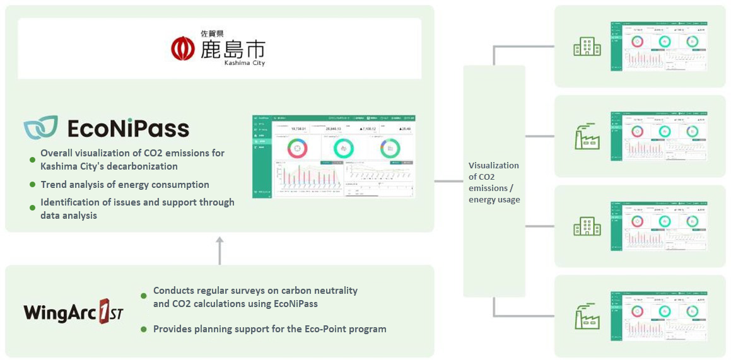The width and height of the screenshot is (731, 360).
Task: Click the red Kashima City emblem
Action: coord(183,48)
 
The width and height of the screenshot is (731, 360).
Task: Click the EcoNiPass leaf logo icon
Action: coord(41,127)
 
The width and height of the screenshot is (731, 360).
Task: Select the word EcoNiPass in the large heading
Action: coord(128,129)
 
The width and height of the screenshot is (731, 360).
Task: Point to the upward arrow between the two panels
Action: coord(219,250)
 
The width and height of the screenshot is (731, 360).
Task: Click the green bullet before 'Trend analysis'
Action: coord(33,185)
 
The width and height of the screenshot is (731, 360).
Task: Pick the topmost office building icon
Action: coord(587,46)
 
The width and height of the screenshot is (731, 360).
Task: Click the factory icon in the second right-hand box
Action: coord(587,136)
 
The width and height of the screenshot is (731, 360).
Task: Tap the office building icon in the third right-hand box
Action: coord(587,226)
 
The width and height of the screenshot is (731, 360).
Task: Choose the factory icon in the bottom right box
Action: coord(587,316)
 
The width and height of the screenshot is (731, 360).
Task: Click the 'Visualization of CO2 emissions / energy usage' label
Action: coord(494,182)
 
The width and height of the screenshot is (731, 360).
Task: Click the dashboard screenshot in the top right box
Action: coord(659,46)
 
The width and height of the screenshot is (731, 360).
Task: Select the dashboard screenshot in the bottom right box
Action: coord(659,316)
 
